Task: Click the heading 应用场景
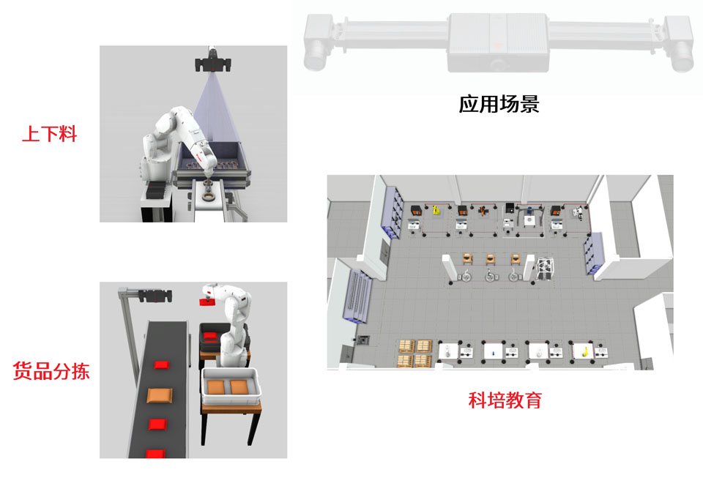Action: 499,104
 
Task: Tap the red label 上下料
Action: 50,134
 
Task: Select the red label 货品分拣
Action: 51,371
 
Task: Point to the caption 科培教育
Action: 505,400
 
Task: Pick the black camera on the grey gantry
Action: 155,296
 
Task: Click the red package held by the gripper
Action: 207,302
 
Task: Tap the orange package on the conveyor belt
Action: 160,395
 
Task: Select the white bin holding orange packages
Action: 231,386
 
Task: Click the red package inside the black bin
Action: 209,336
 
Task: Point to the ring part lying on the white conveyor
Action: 208,195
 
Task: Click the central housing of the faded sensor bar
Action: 498,42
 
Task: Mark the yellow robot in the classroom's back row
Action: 436,210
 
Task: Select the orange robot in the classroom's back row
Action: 483,210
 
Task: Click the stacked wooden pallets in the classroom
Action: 415,354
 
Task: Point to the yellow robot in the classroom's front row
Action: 584,351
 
